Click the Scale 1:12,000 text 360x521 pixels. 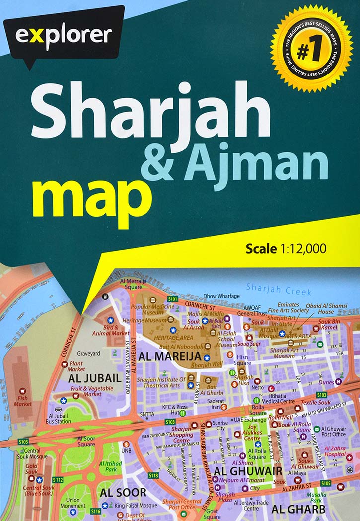[x=286, y=249]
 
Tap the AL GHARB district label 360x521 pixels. [x=298, y=510]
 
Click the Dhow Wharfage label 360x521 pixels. [x=221, y=296]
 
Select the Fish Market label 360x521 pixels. [x=23, y=401]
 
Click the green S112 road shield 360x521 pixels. [x=58, y=480]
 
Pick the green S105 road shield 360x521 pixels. [x=325, y=483]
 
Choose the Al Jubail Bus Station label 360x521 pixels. [x=58, y=418]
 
